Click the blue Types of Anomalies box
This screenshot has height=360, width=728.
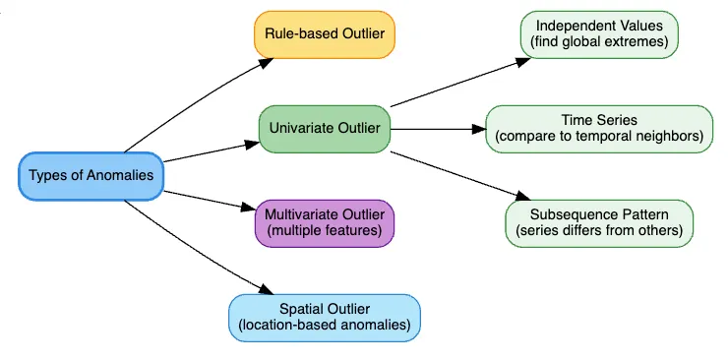[91, 176]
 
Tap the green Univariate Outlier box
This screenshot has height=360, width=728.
[324, 128]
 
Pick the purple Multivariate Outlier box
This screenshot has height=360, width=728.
[324, 223]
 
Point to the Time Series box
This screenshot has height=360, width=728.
[599, 128]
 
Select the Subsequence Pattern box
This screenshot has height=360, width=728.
[599, 223]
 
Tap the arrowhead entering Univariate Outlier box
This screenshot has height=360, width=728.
[252, 145]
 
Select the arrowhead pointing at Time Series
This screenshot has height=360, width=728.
[479, 128]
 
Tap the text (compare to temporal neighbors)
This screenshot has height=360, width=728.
[599, 136]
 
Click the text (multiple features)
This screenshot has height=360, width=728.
[324, 231]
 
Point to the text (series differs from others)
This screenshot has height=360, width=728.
[599, 231]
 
